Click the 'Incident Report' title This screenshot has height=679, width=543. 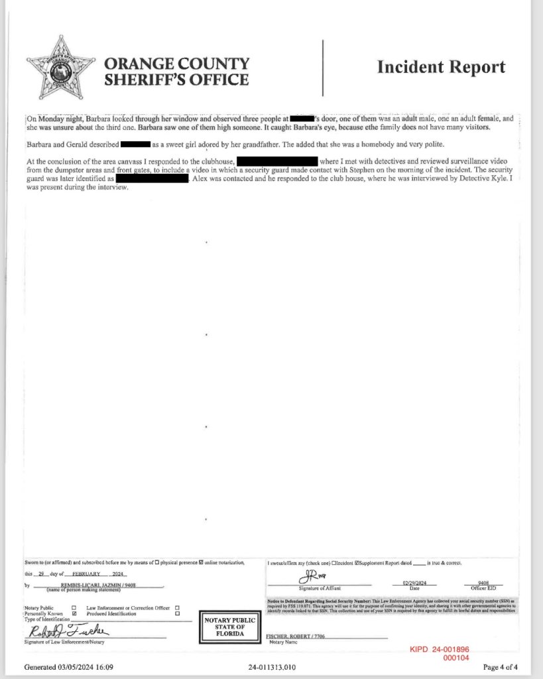pyautogui.click(x=441, y=67)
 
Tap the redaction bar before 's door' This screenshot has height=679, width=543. pyautogui.click(x=302, y=118)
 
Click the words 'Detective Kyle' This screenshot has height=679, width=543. pyautogui.click(x=480, y=179)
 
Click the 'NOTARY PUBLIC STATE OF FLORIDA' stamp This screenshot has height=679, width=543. pyautogui.click(x=225, y=627)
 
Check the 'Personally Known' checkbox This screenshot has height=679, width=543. pyautogui.click(x=74, y=614)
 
